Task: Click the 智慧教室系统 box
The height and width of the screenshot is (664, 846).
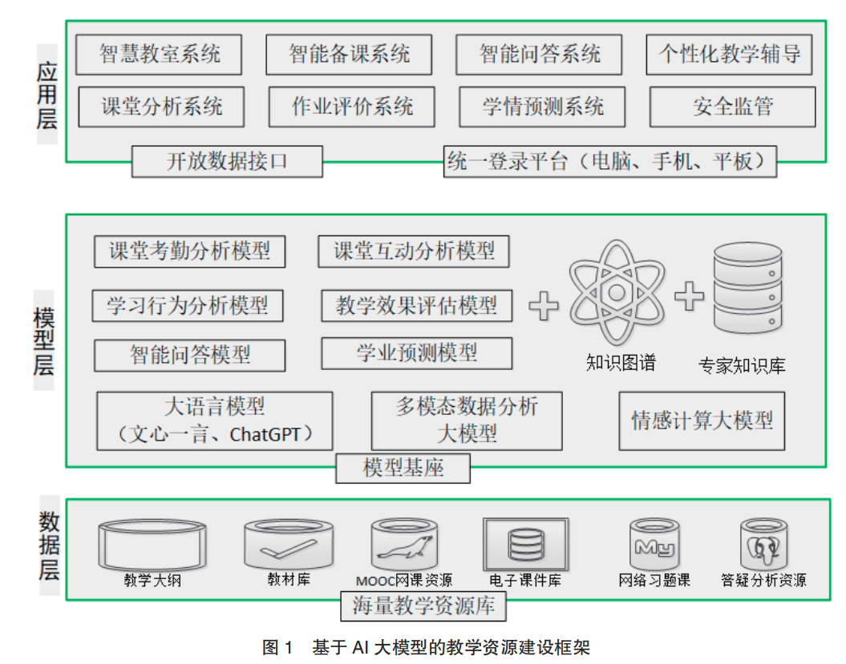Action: (160, 54)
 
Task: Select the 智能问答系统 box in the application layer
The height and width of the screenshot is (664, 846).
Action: (540, 54)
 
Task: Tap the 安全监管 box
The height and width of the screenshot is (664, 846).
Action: (732, 107)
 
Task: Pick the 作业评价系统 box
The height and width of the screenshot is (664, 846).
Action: (352, 107)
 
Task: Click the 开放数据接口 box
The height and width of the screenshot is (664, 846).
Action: (227, 162)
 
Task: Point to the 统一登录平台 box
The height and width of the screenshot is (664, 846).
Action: (610, 162)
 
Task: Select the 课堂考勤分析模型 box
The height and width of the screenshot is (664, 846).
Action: (189, 251)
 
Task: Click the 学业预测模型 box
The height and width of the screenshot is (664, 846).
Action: (416, 352)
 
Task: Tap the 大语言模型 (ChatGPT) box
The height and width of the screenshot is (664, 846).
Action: (214, 421)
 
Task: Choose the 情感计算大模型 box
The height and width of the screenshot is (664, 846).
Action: (702, 421)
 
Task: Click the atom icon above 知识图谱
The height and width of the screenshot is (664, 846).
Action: (617, 293)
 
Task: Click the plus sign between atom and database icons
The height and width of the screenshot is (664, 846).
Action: (689, 297)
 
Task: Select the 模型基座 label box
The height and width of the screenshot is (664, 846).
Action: (403, 468)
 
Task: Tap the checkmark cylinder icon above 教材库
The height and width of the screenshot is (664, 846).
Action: (289, 544)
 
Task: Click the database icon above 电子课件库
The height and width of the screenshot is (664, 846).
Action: (525, 544)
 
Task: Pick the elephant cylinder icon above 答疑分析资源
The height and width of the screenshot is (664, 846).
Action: (763, 544)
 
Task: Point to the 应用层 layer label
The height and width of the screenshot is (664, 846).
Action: (47, 93)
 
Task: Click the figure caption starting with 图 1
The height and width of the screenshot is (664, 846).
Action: (426, 647)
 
